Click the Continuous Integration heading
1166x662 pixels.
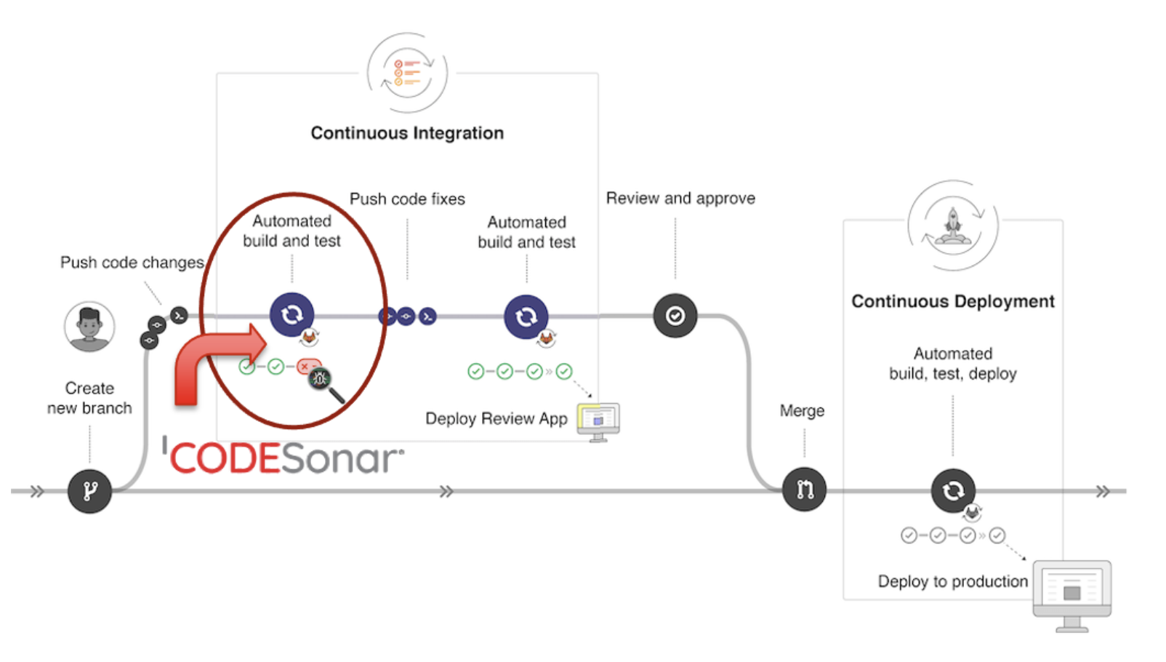(x=407, y=133)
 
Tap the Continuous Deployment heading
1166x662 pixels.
(x=952, y=301)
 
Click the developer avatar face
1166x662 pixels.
(x=89, y=325)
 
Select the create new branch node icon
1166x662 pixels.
(x=89, y=491)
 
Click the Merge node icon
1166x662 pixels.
(x=804, y=490)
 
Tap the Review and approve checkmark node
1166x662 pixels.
(x=675, y=316)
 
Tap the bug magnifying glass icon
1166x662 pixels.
(x=323, y=380)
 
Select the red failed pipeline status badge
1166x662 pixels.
(x=307, y=366)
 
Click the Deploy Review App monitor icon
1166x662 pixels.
(x=598, y=421)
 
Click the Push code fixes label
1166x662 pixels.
(x=407, y=199)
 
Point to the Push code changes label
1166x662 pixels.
(x=132, y=263)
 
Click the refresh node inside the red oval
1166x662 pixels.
(x=291, y=314)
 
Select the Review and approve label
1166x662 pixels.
(x=680, y=199)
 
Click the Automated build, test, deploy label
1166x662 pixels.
(x=952, y=364)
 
